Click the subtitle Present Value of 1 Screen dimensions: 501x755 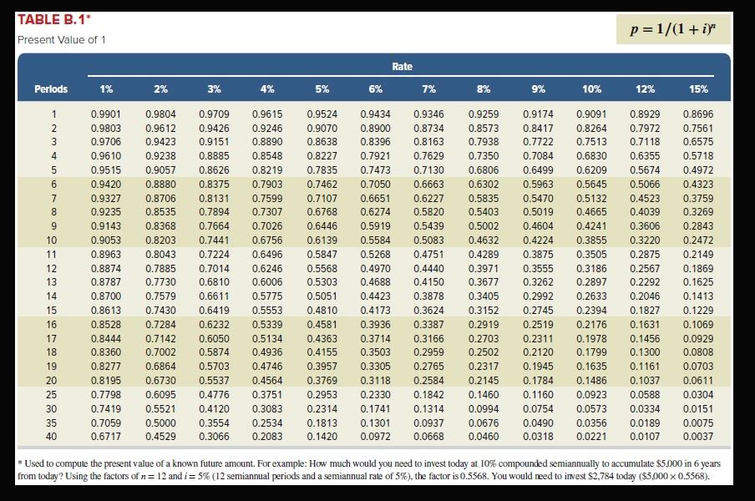coord(62,40)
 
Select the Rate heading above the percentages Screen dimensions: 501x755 coord(402,67)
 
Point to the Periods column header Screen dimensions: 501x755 coord(51,89)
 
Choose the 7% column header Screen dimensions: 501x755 coord(428,89)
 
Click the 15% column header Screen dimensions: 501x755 coord(698,89)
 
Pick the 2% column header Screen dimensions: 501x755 coord(160,89)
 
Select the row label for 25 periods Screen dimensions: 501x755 coord(53,393)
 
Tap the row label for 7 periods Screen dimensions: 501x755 coord(54,198)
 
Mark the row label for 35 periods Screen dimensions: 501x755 coord(53,422)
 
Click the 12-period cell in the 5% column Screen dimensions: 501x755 coord(322,268)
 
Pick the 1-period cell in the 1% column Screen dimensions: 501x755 coord(104,114)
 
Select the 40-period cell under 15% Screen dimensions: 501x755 coord(698,436)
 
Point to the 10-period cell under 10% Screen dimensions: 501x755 coord(591,240)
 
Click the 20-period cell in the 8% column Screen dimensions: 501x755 coord(483,380)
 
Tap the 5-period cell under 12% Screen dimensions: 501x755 coord(643,170)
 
